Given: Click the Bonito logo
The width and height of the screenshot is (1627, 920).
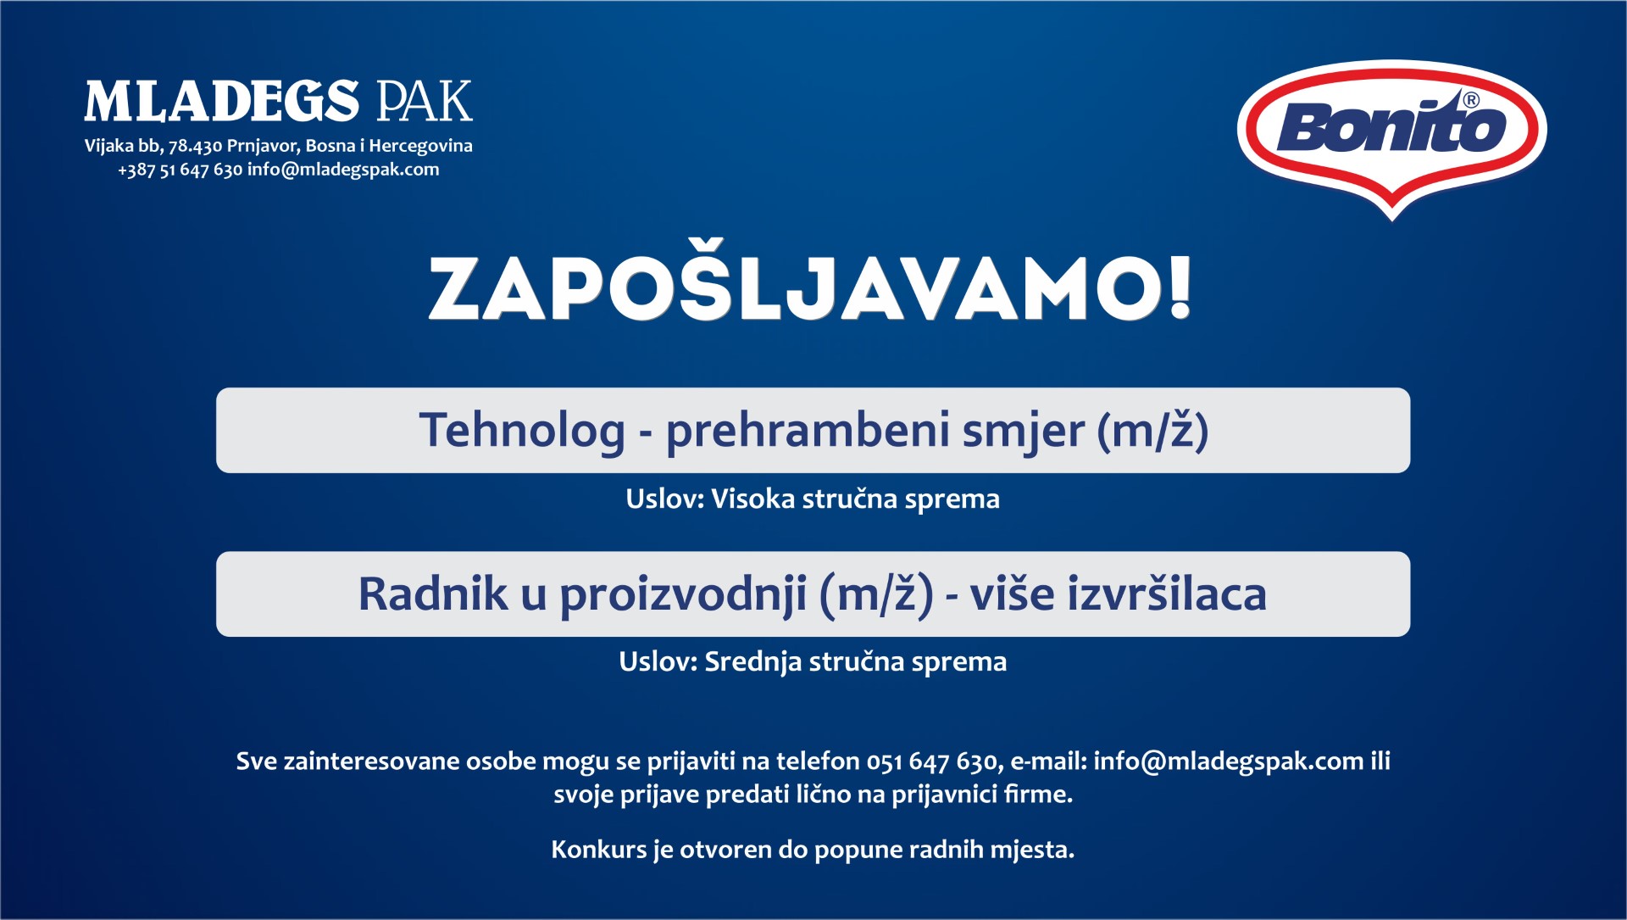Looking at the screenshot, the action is [x=1392, y=138].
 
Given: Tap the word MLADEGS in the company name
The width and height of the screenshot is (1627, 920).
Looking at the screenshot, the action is [x=222, y=102].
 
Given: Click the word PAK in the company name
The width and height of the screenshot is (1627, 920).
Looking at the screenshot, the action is [x=425, y=102].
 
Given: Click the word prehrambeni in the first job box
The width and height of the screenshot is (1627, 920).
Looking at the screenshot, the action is [x=808, y=431].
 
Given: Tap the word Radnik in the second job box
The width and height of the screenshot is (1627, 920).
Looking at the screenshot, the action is [x=432, y=593].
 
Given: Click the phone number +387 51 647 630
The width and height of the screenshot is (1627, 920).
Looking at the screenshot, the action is [x=180, y=170].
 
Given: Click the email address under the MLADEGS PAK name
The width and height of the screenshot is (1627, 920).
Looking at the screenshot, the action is [x=343, y=170].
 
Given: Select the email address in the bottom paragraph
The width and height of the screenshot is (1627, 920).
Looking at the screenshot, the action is [x=1229, y=761].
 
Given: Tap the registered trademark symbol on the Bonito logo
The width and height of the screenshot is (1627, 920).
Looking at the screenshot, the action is [x=1471, y=100].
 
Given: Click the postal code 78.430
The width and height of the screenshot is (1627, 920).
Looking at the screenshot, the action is [x=195, y=146].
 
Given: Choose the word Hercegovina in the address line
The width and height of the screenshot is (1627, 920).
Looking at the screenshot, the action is [x=420, y=146].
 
